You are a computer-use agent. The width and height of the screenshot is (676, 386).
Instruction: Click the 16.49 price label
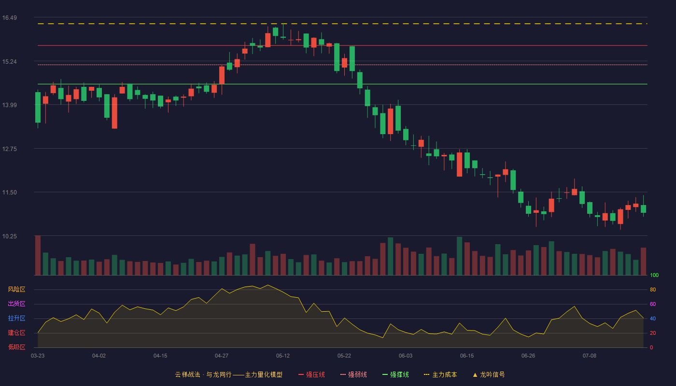tap(9, 18)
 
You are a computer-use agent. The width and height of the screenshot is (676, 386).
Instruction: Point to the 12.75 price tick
tap(9, 149)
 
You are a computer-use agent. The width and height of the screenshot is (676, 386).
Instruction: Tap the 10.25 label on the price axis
tap(9, 236)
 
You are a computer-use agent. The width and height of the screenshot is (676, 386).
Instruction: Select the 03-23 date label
tap(38, 356)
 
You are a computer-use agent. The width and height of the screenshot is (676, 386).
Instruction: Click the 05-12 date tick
tap(283, 356)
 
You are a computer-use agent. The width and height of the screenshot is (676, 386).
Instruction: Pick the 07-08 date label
tap(590, 356)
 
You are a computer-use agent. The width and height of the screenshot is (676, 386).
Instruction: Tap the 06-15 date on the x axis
tap(467, 356)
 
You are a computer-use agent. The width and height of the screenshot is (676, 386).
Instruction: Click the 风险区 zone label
tap(16, 289)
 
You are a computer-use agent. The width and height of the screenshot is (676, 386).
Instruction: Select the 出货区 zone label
tap(16, 303)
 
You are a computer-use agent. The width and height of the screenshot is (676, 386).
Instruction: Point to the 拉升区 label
tap(16, 318)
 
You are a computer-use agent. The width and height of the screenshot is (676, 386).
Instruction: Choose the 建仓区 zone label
tap(16, 332)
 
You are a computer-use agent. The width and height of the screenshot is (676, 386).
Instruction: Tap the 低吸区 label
tap(16, 347)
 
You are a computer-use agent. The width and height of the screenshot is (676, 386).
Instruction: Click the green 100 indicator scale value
tap(654, 275)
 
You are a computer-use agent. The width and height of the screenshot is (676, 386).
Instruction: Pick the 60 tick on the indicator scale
tap(653, 304)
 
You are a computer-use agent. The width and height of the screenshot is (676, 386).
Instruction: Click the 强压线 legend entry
tap(311, 374)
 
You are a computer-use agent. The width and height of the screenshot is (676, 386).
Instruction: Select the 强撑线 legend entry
tap(395, 374)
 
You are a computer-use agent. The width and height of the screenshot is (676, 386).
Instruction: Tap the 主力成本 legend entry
tap(440, 374)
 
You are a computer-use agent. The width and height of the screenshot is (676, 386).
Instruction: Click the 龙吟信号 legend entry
tap(489, 374)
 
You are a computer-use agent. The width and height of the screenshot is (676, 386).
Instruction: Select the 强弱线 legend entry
tap(353, 374)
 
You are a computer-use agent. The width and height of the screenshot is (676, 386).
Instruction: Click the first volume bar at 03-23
tap(38, 255)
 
